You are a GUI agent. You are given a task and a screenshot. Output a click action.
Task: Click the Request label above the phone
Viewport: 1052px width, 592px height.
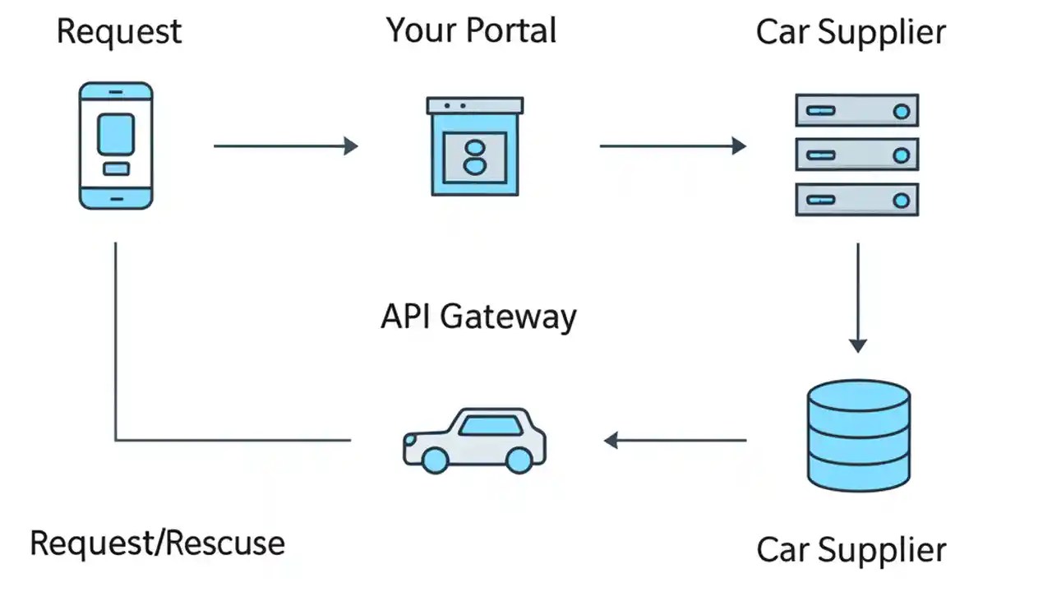click(x=119, y=32)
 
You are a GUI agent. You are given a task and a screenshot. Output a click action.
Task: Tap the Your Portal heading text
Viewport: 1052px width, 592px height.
click(x=471, y=30)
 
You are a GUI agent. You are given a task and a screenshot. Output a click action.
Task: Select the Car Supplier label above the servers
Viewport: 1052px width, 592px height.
click(x=851, y=32)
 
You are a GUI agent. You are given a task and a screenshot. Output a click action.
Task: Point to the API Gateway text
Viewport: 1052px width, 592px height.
click(x=478, y=317)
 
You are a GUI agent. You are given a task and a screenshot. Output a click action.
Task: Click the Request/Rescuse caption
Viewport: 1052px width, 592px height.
click(x=157, y=543)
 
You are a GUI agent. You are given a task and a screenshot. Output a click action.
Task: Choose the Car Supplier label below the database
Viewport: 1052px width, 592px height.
click(x=851, y=549)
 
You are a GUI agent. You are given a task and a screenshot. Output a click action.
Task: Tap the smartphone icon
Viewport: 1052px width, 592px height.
click(x=116, y=146)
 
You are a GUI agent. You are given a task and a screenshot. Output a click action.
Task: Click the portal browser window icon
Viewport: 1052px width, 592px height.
click(x=475, y=146)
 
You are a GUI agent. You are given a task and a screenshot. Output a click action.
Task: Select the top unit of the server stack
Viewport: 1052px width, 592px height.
click(x=856, y=110)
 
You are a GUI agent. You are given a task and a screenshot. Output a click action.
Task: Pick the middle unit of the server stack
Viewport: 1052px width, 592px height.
click(x=856, y=155)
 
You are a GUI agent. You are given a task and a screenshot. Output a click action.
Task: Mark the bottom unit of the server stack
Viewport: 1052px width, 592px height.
click(x=856, y=199)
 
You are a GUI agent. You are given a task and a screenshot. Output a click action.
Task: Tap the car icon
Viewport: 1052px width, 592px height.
click(x=474, y=440)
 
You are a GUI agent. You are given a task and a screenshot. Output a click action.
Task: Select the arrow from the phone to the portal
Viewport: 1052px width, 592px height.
click(x=285, y=146)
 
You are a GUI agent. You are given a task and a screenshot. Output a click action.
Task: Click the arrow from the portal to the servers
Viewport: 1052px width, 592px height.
click(x=672, y=146)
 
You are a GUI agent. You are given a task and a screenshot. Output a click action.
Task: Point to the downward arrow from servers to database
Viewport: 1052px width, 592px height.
click(x=858, y=297)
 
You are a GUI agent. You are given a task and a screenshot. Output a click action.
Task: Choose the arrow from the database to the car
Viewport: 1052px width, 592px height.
click(x=675, y=441)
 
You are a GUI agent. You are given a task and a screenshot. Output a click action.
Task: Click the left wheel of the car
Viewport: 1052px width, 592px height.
click(x=435, y=460)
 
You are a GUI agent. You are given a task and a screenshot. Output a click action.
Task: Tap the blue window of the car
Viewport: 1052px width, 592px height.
click(x=490, y=425)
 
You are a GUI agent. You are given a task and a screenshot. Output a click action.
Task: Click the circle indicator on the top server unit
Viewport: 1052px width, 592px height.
click(x=902, y=111)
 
